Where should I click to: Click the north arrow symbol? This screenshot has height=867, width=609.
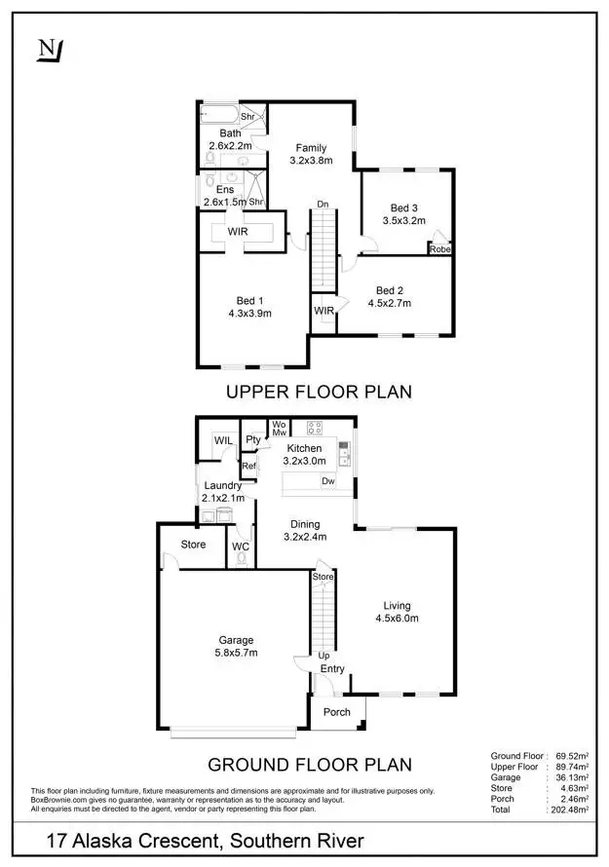coord(48,50)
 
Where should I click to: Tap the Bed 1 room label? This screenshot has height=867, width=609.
coord(251,300)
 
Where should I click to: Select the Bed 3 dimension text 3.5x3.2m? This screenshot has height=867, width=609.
coord(404,221)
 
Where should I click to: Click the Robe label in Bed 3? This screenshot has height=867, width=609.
coord(439,249)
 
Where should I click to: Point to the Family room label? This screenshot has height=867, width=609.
coord(312,148)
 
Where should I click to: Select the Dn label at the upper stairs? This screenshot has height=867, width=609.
coord(322,205)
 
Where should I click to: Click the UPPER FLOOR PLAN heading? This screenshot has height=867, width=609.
coord(319,392)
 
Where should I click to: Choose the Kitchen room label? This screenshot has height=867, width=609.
coord(304,448)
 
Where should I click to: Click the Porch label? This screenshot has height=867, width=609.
coord(337,712)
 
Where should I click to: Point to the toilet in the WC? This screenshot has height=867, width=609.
coord(241,561)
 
